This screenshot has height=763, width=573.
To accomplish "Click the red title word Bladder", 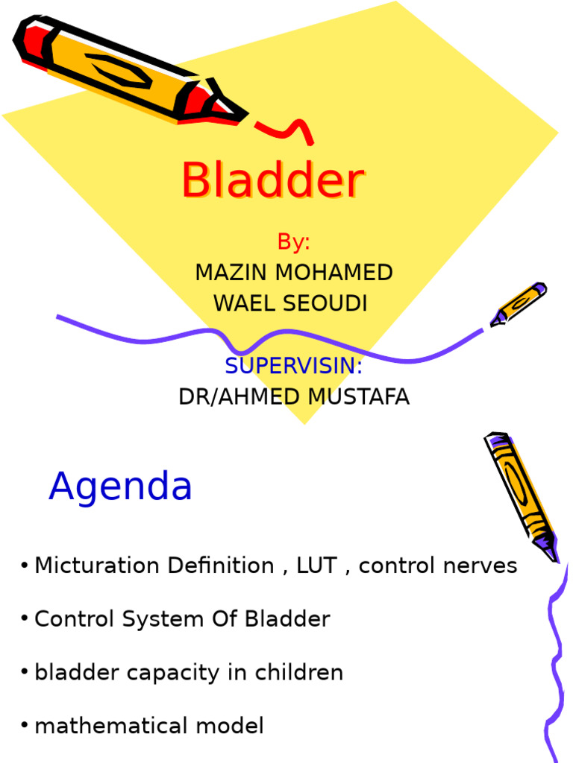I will click(272, 181).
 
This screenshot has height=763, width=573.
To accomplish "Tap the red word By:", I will click(293, 242).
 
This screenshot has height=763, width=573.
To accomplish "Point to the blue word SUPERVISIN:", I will click(293, 366).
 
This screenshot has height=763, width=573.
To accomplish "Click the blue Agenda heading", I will click(120, 487).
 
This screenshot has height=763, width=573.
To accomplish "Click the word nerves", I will click(480, 566).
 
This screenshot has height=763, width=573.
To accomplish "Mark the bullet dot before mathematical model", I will click(25, 726).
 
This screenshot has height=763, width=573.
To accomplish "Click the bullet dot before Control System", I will click(25, 618).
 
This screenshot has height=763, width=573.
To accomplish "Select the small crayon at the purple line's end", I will click(518, 304).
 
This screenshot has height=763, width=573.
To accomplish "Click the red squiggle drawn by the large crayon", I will click(286, 130).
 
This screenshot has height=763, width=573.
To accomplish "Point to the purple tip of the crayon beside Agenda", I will click(551, 552).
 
